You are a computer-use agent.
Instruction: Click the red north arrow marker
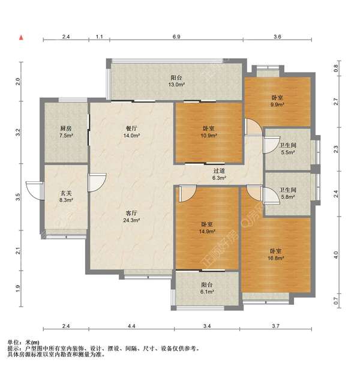22,37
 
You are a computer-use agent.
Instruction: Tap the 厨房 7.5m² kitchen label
65,132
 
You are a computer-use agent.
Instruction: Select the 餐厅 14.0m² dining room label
131,132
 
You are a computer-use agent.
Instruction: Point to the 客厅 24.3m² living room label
131,217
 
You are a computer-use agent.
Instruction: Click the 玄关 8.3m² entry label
66,197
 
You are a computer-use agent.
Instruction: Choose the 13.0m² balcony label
176,81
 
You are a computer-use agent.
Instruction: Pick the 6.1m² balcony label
207,288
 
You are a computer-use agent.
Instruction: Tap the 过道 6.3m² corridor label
219,175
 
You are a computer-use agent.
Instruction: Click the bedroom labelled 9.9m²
277,101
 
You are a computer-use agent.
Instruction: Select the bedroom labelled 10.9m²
208,132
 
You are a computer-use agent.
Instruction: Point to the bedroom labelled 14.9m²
207,228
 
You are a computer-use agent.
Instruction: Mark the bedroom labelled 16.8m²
275,254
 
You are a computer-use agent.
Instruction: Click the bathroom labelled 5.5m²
288,149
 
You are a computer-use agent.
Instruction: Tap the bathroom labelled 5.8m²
288,193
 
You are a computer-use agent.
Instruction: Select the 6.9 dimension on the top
176,37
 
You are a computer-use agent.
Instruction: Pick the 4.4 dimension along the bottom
131,326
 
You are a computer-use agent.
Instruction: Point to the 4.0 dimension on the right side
336,255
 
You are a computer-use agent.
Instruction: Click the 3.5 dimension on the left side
17,197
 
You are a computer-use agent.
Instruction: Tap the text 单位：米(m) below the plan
23,343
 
